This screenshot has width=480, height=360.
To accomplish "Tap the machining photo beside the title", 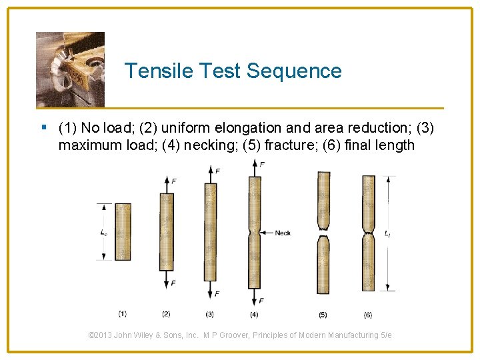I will pyautogui.click(x=70, y=69).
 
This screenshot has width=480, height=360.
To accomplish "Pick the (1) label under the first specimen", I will pyautogui.click(x=123, y=313).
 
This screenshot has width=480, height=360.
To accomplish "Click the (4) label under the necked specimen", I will pyautogui.click(x=254, y=314).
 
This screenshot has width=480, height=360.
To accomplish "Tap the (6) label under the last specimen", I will pyautogui.click(x=368, y=314).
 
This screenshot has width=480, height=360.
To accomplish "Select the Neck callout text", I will pyautogui.click(x=283, y=233).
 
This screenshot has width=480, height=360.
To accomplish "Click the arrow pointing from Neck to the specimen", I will pyautogui.click(x=267, y=233).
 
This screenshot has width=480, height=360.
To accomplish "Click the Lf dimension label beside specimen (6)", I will pyautogui.click(x=388, y=234).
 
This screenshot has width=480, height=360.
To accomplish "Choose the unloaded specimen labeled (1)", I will pyautogui.click(x=123, y=231).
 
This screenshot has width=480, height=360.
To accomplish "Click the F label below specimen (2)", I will pyautogui.click(x=173, y=283).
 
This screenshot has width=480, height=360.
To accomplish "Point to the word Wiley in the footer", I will pyautogui.click(x=150, y=335).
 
